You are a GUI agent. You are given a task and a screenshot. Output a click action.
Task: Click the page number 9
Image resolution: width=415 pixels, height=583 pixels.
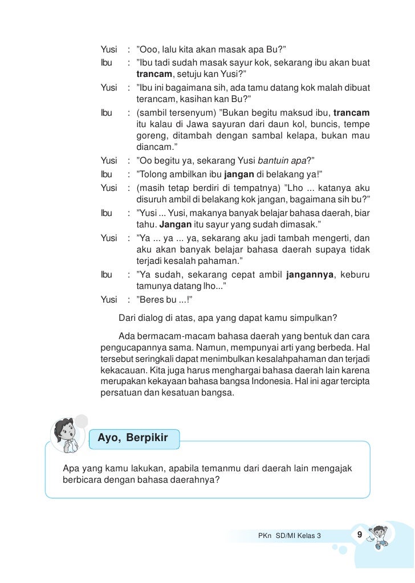coord(359,535)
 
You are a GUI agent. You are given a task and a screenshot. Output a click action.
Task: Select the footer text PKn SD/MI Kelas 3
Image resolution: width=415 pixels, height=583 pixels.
coord(290,536)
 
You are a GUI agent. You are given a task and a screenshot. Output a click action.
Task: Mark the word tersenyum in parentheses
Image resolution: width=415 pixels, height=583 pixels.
coord(189,111)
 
